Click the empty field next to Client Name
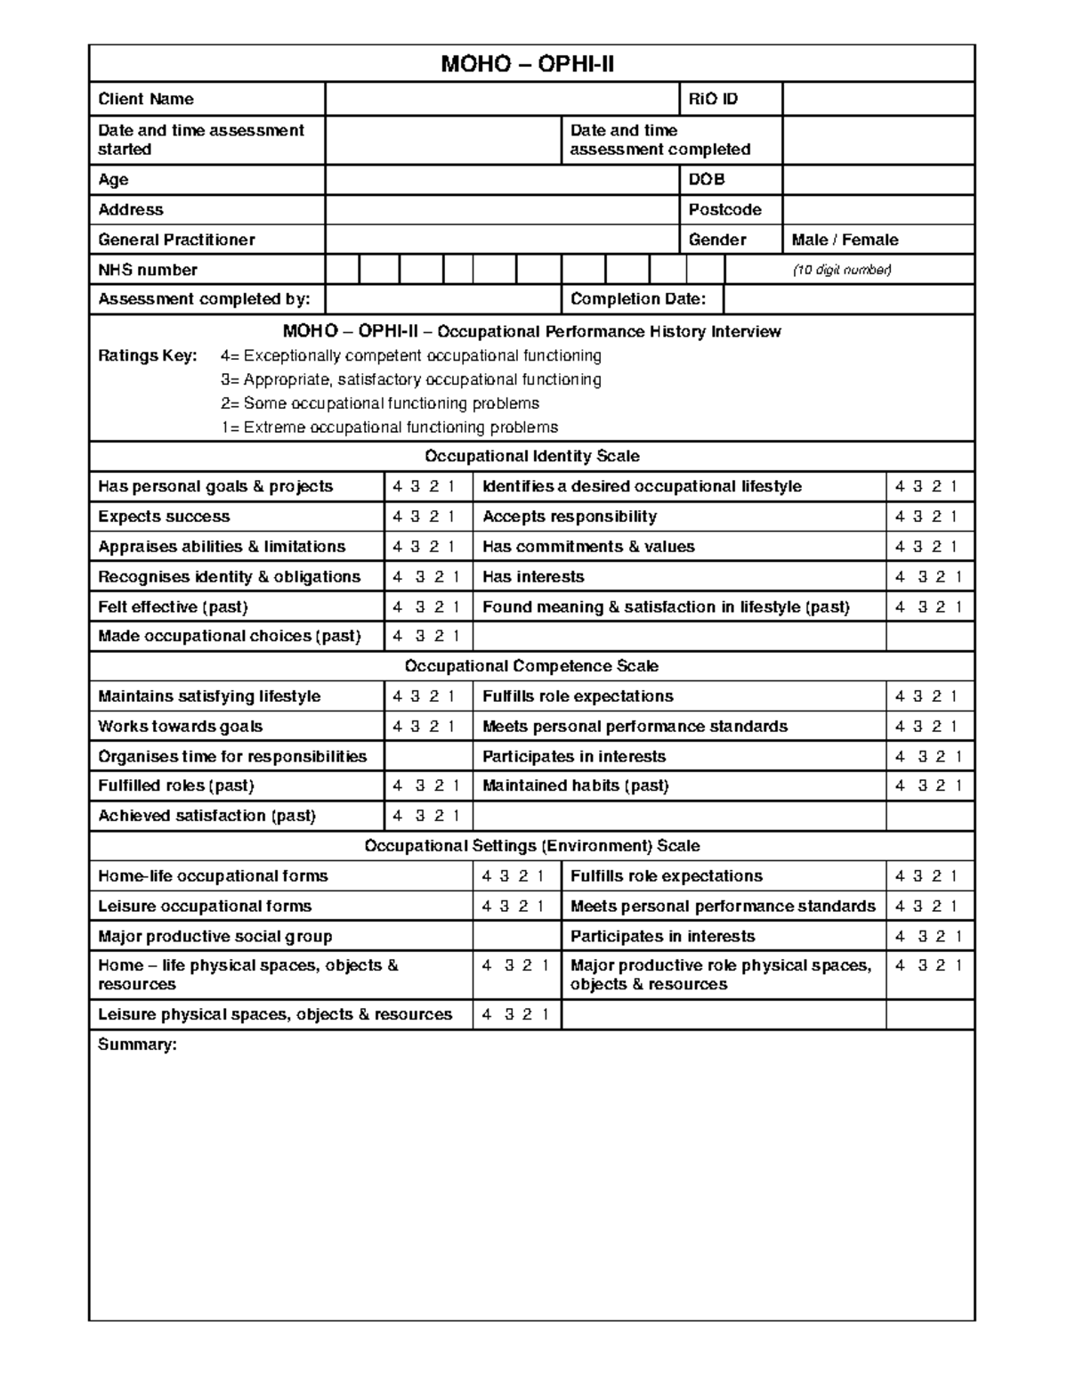point(501,99)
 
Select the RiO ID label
point(713,99)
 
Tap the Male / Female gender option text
point(845,240)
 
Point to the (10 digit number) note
point(842,270)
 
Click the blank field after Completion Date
point(848,299)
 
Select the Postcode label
point(724,209)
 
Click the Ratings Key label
point(147,355)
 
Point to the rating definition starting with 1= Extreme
point(390,427)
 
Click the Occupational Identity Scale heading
point(531,456)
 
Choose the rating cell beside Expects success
point(426,517)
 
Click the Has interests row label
point(533,576)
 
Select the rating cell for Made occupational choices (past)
point(426,636)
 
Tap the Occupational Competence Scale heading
point(531,666)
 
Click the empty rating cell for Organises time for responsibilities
point(428,756)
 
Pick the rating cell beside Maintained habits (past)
point(929,785)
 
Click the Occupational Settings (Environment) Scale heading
point(531,846)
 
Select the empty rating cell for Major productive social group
point(516,936)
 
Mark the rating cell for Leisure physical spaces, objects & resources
point(516,1014)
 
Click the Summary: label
point(137,1045)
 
